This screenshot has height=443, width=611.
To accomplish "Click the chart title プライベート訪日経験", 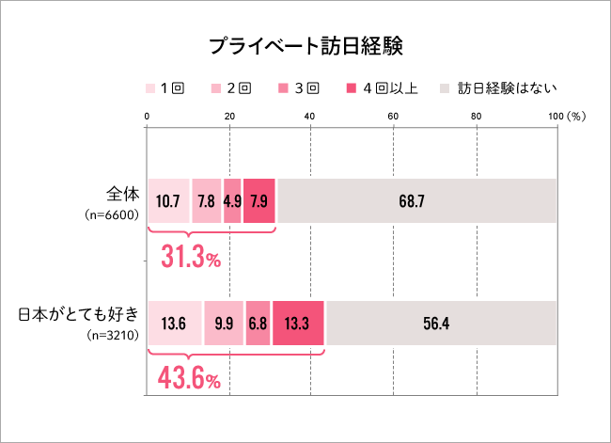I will [305, 46].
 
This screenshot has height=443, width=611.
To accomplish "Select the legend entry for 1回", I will [164, 88].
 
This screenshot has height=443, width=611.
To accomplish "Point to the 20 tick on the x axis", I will [229, 116].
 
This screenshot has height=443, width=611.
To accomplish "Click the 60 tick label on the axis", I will [393, 116].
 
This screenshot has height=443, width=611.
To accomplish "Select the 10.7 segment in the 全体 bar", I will [168, 200].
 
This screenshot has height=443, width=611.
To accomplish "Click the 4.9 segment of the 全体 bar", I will [232, 200].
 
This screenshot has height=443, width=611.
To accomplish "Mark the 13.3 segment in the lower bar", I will [297, 323].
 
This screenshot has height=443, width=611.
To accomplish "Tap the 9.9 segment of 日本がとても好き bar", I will [223, 323].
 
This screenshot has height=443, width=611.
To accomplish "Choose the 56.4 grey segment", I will [441, 323].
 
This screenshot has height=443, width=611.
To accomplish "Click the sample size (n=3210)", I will [112, 334].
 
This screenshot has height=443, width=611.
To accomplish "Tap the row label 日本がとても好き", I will [79, 314].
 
